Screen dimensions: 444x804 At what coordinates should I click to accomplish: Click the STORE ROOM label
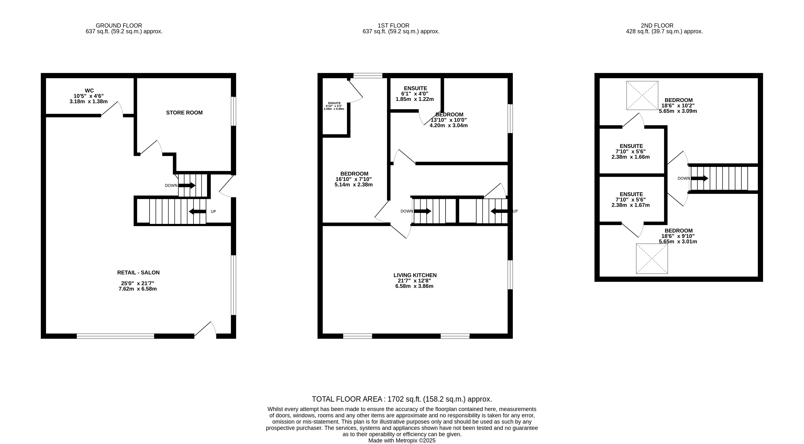pyautogui.click(x=184, y=113)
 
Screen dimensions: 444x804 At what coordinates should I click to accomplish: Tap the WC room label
pyautogui.click(x=89, y=91)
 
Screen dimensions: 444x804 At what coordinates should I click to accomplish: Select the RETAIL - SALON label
pyautogui.click(x=138, y=273)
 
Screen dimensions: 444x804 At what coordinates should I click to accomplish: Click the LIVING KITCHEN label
pyautogui.click(x=415, y=275)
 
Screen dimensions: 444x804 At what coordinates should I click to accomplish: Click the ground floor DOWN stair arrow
pyautogui.click(x=187, y=185)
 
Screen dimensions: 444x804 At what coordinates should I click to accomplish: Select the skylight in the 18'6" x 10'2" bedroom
pyautogui.click(x=642, y=96)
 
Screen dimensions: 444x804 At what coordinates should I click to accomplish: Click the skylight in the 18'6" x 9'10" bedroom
pyautogui.click(x=652, y=259)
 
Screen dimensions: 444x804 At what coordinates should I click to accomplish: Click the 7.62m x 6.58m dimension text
pyautogui.click(x=138, y=289)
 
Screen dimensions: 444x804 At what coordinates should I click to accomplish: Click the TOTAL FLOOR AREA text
pyautogui.click(x=402, y=399)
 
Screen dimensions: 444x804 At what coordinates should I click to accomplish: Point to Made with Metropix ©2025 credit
pyautogui.click(x=402, y=441)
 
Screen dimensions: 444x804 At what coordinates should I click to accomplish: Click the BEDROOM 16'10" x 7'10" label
pyautogui.click(x=354, y=174)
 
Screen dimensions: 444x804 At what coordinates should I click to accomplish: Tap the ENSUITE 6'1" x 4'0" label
pyautogui.click(x=415, y=88)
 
